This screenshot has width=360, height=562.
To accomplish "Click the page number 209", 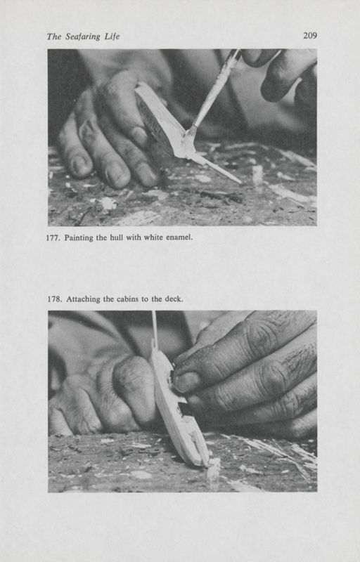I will click(309, 35).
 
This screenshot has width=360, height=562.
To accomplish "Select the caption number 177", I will click(54, 237).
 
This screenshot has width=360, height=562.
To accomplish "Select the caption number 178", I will click(54, 299).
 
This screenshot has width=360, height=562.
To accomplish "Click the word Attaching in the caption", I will click(84, 299).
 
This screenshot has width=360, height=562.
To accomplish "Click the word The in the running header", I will click(55, 37).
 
